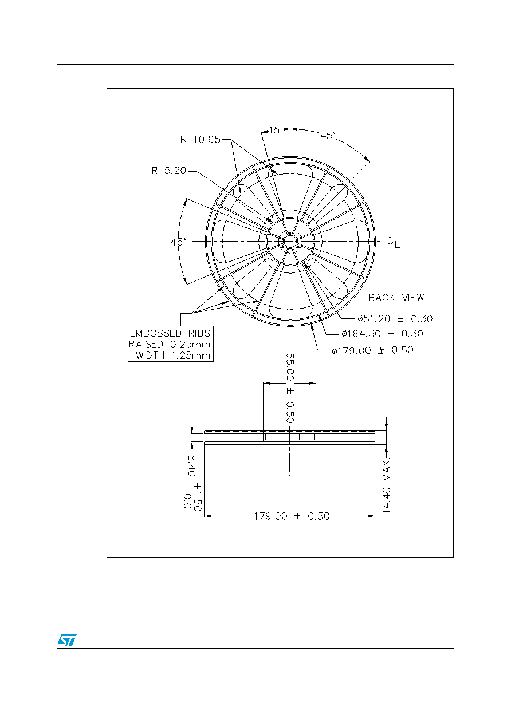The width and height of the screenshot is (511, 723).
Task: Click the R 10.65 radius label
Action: pyautogui.click(x=200, y=140)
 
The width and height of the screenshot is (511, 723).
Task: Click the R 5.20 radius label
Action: pyautogui.click(x=168, y=171)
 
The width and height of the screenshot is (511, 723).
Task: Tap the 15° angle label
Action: pyautogui.click(x=276, y=130)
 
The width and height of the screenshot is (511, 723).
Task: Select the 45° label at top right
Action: pyautogui.click(x=328, y=135)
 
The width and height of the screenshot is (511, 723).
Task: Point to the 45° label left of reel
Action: pyautogui.click(x=178, y=242)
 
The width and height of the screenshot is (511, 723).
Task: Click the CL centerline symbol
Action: pyautogui.click(x=394, y=242)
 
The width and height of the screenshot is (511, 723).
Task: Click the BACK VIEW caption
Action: pyautogui.click(x=396, y=298)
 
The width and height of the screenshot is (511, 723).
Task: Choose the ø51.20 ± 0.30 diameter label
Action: pyautogui.click(x=395, y=319)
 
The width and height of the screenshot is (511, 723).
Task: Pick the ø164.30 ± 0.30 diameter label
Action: pyautogui.click(x=382, y=334)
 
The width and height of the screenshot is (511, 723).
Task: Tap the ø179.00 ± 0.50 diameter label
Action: pyautogui.click(x=372, y=350)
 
